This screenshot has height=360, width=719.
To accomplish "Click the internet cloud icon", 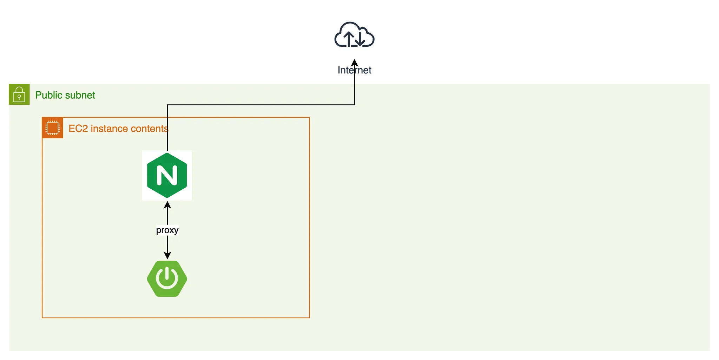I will pos(355,34).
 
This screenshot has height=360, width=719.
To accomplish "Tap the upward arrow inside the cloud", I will pos(348,39).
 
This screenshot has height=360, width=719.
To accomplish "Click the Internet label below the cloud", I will pos(355,70).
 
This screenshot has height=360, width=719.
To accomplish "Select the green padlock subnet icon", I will pos(19,94).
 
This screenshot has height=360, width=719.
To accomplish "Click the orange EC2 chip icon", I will pos(53,128).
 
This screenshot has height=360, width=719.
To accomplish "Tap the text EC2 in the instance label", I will pos(78,129).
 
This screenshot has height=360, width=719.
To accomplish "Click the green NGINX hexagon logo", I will pos(167,175).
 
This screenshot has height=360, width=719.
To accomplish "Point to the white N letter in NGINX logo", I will pos(167,175).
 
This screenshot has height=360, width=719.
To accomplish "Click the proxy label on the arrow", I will pos(167,230).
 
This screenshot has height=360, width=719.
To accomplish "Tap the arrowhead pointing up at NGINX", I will pos(167,205).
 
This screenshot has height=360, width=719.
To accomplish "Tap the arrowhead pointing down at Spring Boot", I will pos(167,255).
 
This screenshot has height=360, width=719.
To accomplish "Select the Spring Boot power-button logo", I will pos(167,279).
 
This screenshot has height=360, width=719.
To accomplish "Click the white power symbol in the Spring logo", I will pos(167,277).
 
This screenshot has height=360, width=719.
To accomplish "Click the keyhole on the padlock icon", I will pos(19,97).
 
